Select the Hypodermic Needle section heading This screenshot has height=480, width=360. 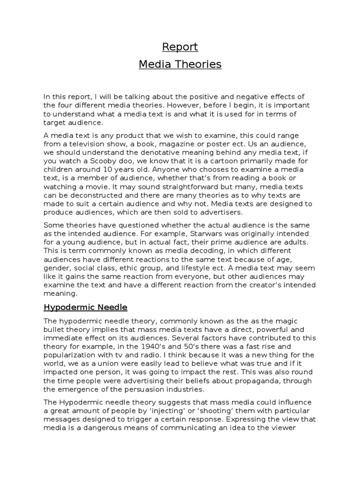click(x=85, y=307)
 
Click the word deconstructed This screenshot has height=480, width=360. click(x=92, y=195)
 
